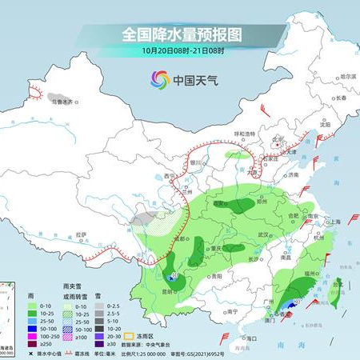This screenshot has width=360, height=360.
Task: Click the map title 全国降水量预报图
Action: coord(181,34)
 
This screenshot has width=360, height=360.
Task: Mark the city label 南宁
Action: coord(233,310)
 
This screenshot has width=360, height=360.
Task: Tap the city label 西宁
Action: coord(169,175)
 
